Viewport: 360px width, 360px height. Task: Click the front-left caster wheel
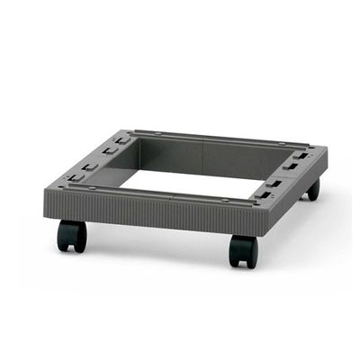71,236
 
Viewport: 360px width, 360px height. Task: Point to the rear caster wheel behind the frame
312,189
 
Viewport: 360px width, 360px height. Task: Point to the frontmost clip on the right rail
266,194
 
